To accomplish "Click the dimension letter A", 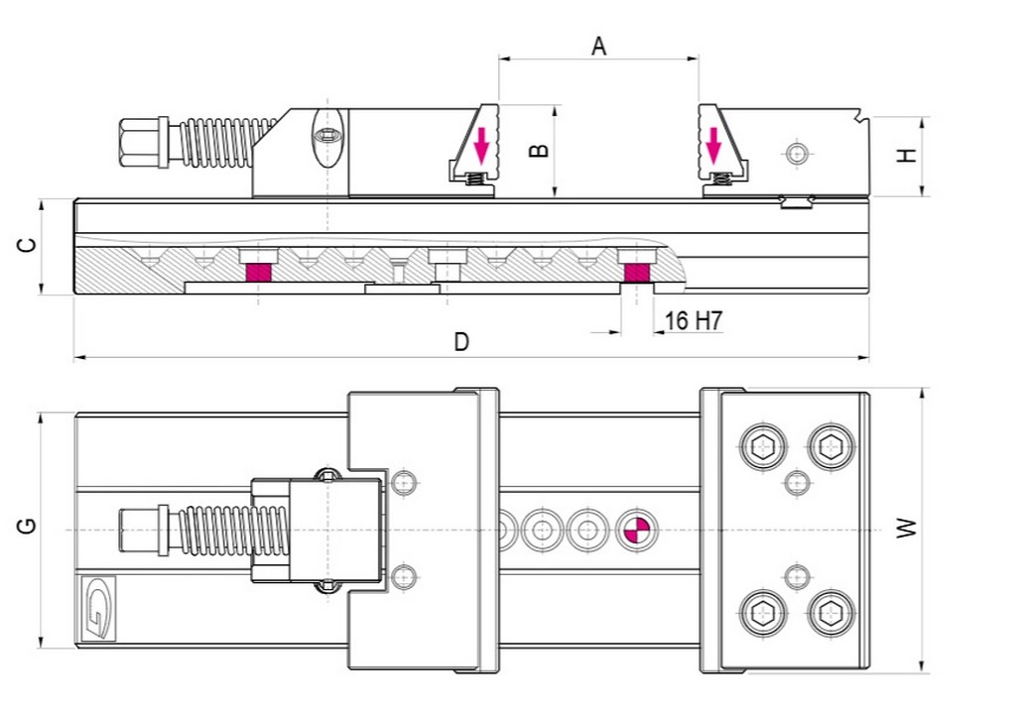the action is pos(598,47).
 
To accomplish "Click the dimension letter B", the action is pos(539,151).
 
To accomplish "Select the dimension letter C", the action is pos(27,246).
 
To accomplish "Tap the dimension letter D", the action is pos(460,341).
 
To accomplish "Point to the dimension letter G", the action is pos(27,526).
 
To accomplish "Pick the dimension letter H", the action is pos(907,155).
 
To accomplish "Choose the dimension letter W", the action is pos(907,528).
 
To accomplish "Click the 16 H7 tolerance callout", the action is pos(694,320).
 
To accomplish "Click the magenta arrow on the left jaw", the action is pos(481,145).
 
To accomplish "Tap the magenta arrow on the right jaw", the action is pos(713,145).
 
